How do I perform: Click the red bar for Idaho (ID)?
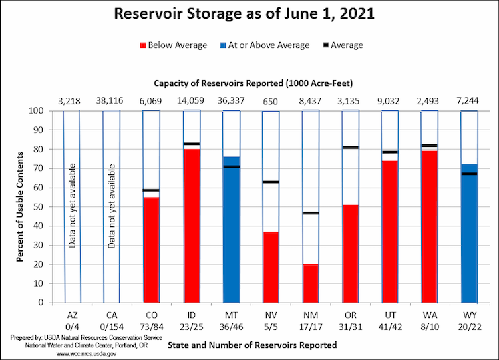pyautogui.click(x=192, y=226)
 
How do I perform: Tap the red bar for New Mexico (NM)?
pyautogui.click(x=311, y=283)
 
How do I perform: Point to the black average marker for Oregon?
pyautogui.click(x=351, y=147)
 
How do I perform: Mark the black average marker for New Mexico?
pyautogui.click(x=311, y=213)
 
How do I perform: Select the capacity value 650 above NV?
pyautogui.click(x=271, y=101)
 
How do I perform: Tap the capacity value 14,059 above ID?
pyautogui.click(x=192, y=101)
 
